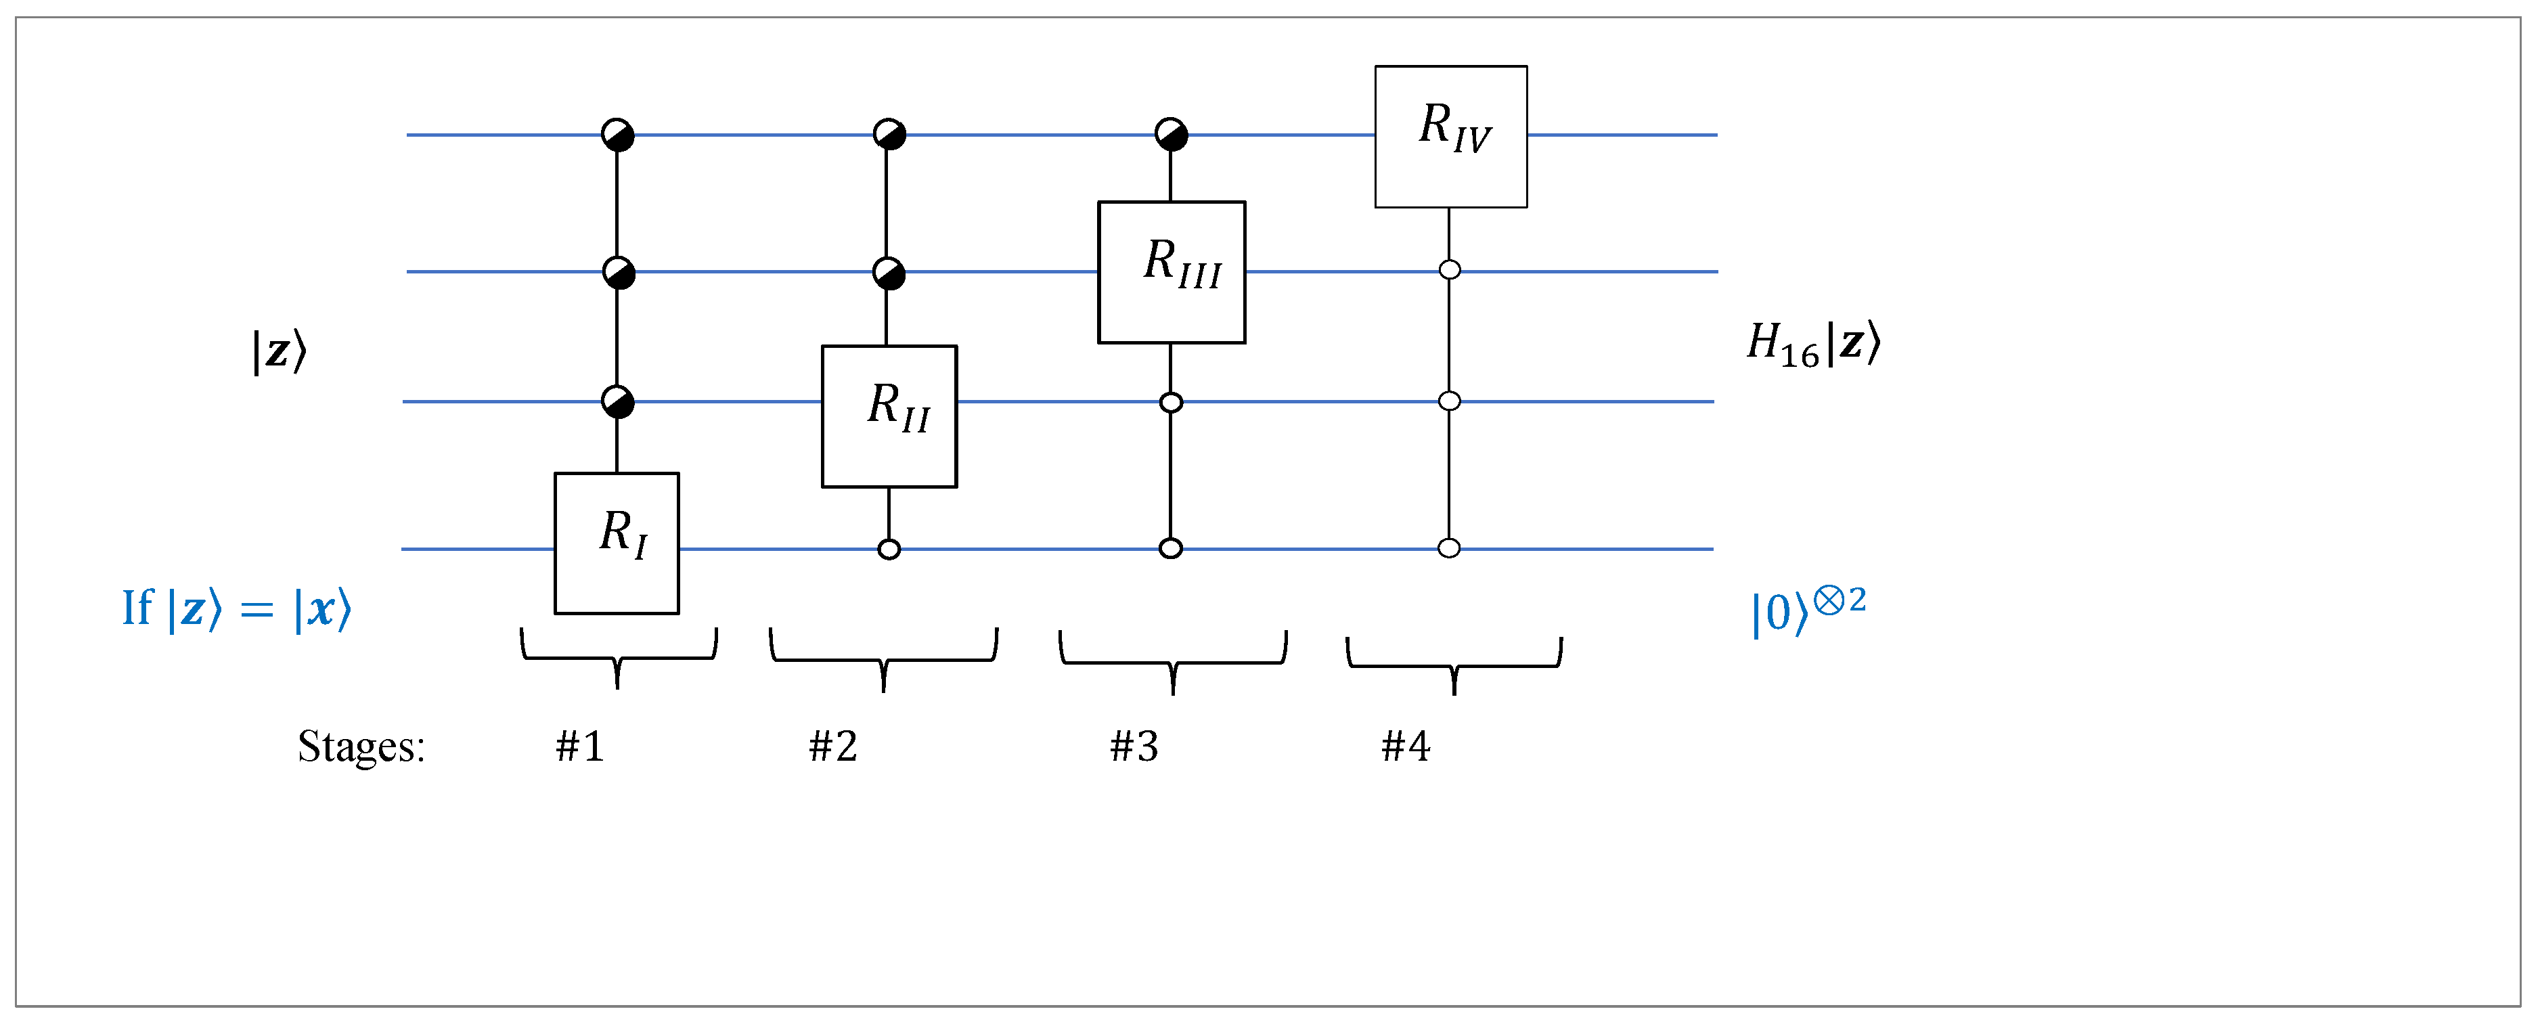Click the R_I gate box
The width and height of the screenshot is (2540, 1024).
[617, 543]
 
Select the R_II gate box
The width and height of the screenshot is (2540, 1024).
[889, 416]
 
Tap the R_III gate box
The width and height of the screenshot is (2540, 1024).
[1172, 272]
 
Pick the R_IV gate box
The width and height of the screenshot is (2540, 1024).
[1450, 136]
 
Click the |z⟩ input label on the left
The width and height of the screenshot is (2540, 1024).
[279, 351]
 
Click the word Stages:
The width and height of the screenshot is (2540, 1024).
[361, 747]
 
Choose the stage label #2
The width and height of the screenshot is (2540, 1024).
[833, 747]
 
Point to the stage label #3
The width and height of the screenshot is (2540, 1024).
[1134, 747]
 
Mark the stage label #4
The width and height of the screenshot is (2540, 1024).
[1405, 747]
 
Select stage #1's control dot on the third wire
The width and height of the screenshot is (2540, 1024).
[617, 401]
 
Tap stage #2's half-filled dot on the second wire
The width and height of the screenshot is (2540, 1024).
[889, 273]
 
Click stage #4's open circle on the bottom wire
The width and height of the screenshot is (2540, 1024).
[1448, 548]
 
